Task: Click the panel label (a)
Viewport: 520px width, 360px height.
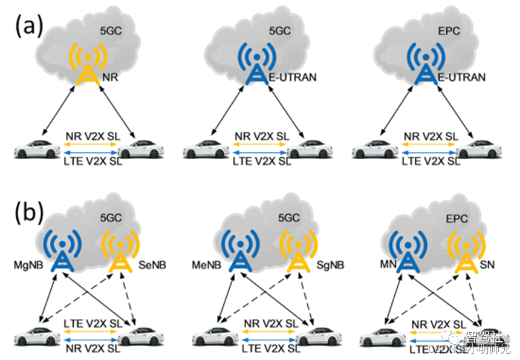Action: [30, 26]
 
